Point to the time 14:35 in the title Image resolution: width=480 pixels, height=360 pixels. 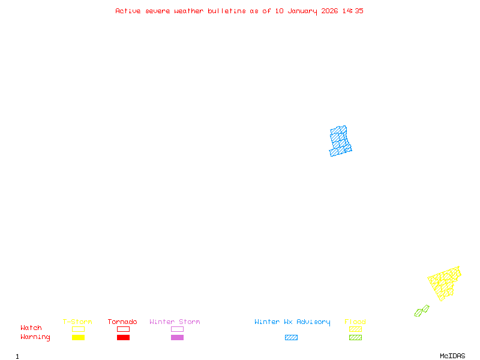352,11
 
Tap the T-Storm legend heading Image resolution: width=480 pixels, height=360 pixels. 77,322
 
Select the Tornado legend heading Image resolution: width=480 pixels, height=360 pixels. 122,322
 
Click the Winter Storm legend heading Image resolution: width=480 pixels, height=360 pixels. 175,322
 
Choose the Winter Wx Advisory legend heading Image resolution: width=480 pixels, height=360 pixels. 292,322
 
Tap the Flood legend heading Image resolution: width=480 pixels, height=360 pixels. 355,322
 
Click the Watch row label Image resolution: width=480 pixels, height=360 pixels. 31,328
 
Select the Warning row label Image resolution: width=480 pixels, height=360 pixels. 35,337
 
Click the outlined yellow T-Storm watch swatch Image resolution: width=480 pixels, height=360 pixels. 78,329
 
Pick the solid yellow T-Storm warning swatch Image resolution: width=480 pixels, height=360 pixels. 78,338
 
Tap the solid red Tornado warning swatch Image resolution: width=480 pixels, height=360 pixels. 123,338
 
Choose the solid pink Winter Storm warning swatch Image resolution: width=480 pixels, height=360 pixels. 177,338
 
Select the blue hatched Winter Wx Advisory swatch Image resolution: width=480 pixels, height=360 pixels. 291,338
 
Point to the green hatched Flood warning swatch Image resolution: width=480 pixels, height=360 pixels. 355,338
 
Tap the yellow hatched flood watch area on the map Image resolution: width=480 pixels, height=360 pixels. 445,282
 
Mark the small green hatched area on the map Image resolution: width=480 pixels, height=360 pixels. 422,311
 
